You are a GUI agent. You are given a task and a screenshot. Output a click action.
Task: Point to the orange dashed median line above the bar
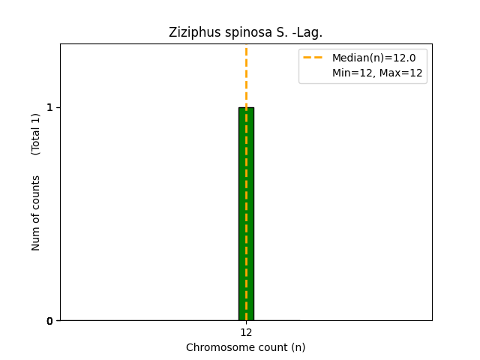tap(246, 75)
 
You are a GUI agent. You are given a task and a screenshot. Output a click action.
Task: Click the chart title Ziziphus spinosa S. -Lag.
tap(245, 32)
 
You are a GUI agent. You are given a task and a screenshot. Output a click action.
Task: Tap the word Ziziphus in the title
tap(190, 32)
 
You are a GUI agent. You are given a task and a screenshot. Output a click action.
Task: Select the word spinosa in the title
tap(238, 32)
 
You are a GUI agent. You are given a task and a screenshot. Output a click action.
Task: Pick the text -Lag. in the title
tap(306, 32)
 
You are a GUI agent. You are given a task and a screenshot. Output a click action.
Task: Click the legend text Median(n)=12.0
tap(373, 58)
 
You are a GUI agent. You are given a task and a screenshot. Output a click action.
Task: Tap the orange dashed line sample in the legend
tap(313, 58)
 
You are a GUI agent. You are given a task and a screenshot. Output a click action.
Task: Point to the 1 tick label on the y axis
tap(50, 107)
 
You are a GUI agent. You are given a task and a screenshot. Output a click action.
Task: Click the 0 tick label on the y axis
tap(50, 321)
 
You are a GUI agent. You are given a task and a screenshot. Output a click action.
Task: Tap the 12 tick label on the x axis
tap(246, 332)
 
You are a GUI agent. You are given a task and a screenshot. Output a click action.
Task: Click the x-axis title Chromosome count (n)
tap(246, 347)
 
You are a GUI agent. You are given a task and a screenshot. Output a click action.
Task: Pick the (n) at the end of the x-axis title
tap(298, 347)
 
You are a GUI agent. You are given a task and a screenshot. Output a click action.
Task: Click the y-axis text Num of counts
tap(36, 213)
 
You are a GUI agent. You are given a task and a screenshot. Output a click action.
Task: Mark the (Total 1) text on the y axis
tap(36, 133)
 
